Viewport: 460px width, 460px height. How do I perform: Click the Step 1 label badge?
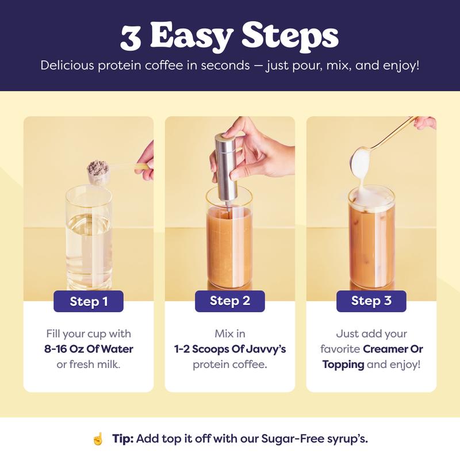tap(89, 301)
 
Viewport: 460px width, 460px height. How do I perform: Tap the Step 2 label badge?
tap(229, 301)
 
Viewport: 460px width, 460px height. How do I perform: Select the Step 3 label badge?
tap(371, 301)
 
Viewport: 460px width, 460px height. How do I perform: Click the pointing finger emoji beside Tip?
tap(98, 439)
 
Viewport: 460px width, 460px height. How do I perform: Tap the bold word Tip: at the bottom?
tap(123, 439)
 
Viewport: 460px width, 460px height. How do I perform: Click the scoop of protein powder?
tap(98, 171)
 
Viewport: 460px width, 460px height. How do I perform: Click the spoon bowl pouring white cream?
tap(361, 162)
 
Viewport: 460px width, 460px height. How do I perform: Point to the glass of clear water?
tap(89, 237)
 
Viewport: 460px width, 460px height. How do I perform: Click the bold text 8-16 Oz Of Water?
tap(89, 349)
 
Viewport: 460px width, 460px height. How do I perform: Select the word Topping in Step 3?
tap(343, 365)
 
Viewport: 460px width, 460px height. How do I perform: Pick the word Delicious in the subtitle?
tap(67, 65)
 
